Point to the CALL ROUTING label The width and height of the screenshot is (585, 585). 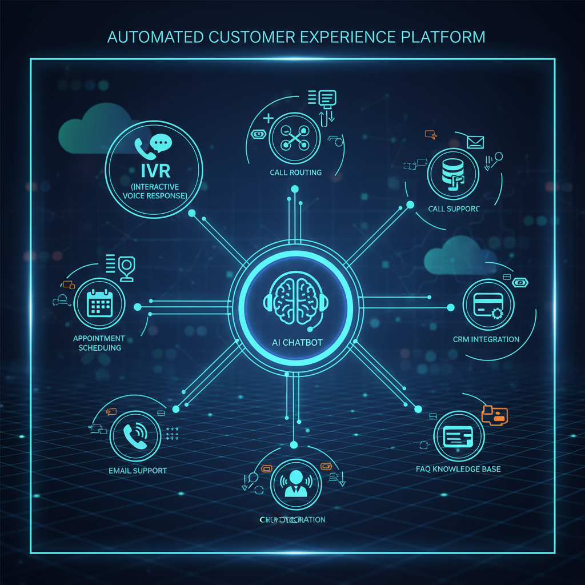coord(295,173)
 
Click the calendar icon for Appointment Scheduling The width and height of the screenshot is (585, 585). coord(101,303)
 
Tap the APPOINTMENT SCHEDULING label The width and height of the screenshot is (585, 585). coord(99,343)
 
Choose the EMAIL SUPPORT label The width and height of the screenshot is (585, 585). coord(138,471)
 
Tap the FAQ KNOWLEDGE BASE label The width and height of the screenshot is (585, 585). coord(458,469)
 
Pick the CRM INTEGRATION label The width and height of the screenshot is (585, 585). coord(487,339)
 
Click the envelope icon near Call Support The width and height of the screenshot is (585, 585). coord(475,142)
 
